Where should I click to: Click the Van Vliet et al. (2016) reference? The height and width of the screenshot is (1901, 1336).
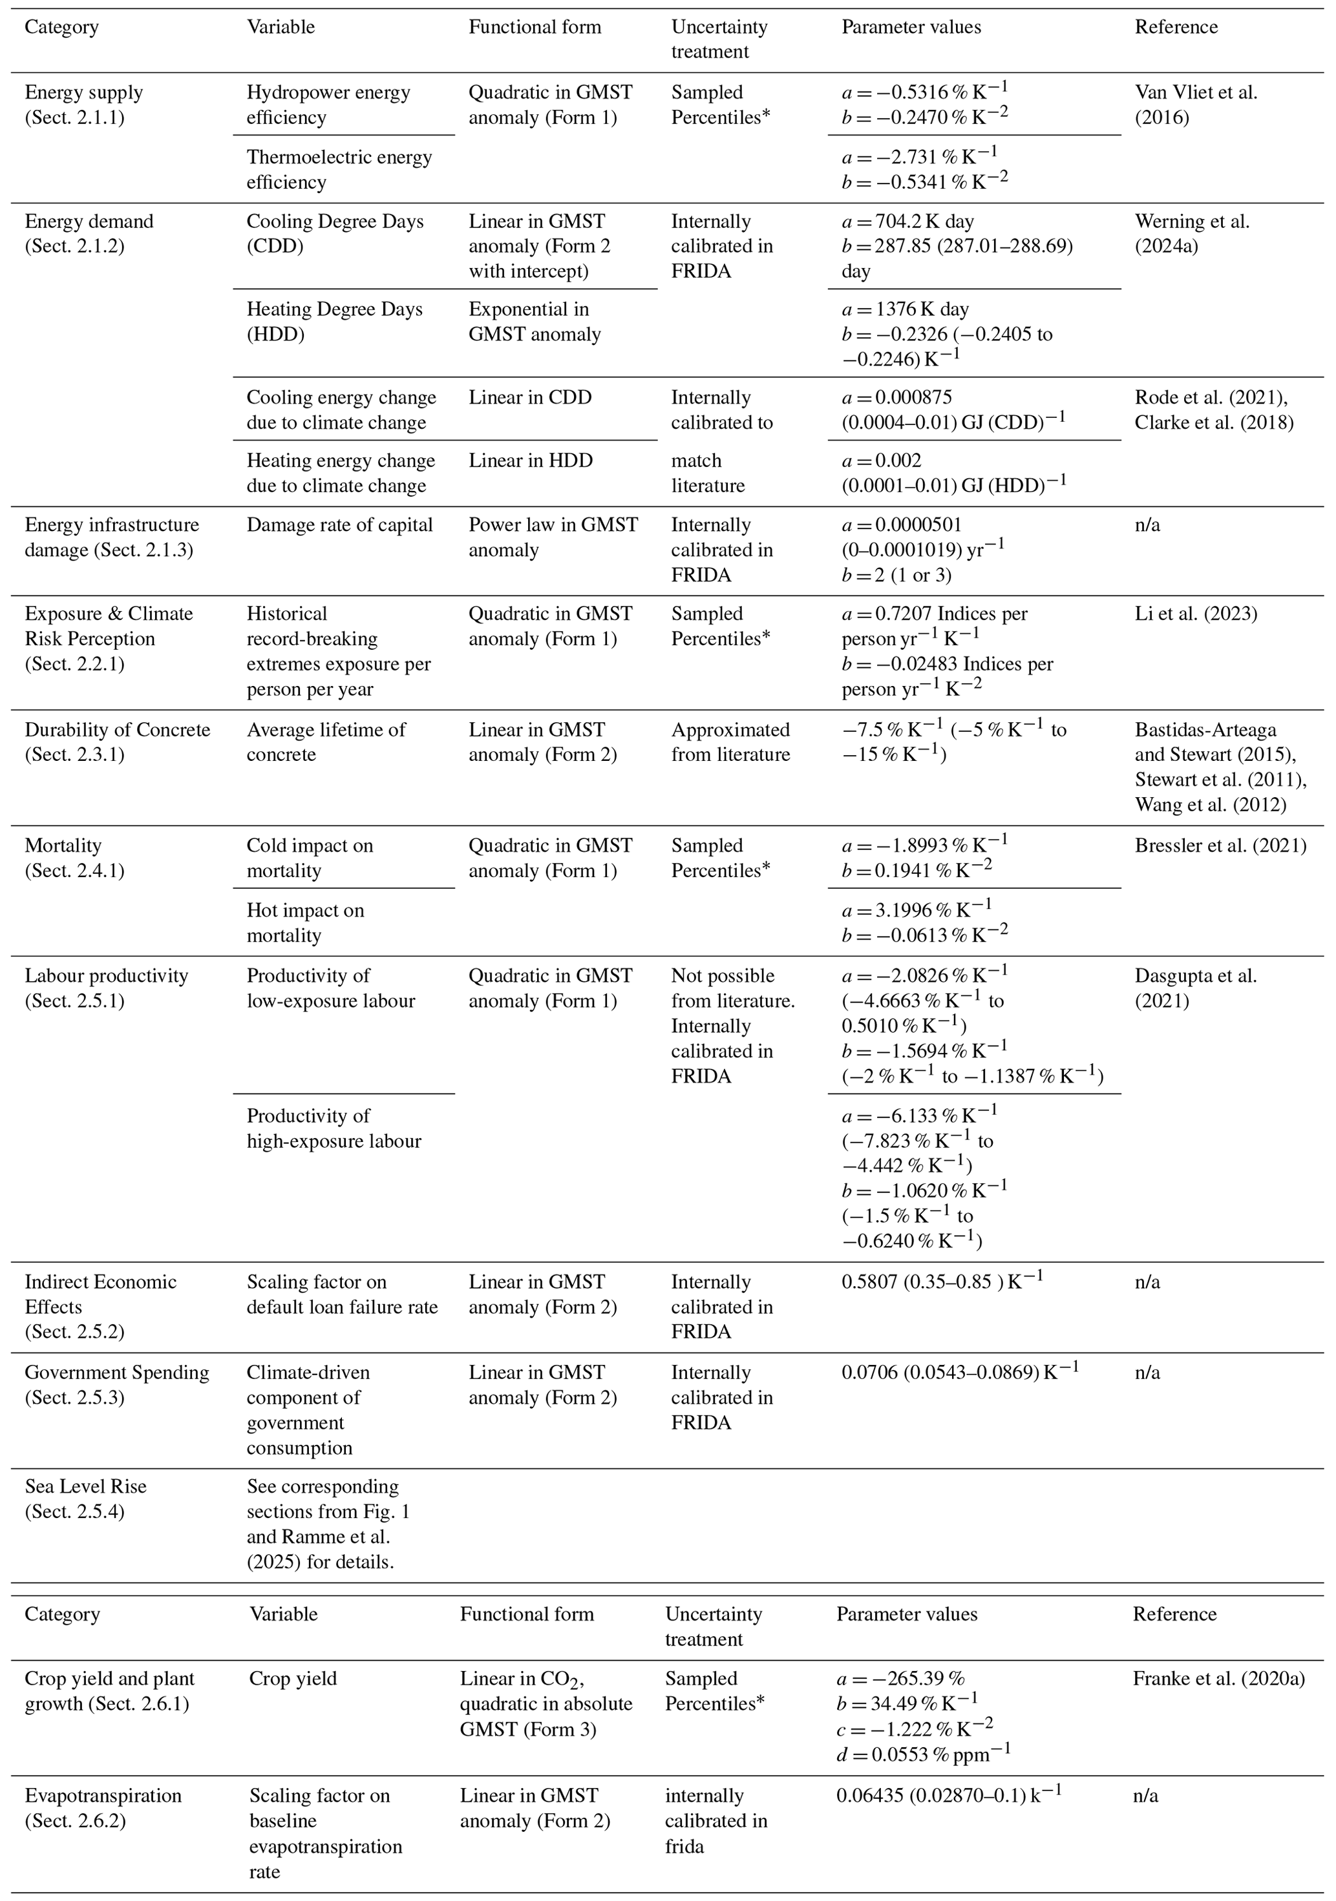(x=1195, y=105)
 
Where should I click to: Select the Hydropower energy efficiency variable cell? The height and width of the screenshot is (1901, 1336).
(x=328, y=105)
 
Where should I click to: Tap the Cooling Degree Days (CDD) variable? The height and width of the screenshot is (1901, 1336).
(x=335, y=233)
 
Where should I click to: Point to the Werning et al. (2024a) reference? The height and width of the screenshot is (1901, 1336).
(x=1192, y=233)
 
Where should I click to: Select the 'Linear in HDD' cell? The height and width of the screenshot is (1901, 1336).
(x=530, y=461)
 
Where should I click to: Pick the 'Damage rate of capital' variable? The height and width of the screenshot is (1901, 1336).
(x=339, y=525)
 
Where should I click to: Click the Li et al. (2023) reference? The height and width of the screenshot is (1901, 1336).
(x=1195, y=614)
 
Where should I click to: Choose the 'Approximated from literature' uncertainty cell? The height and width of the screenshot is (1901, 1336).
(x=730, y=742)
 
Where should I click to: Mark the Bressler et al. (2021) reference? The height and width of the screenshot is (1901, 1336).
(x=1220, y=846)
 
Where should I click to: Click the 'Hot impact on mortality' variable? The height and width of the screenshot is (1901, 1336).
(x=305, y=922)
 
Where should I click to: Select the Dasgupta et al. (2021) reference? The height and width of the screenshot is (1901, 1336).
(x=1195, y=988)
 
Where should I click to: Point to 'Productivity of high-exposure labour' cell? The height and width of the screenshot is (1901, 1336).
(x=333, y=1128)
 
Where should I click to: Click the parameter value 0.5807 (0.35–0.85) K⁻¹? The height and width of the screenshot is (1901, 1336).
(x=942, y=1279)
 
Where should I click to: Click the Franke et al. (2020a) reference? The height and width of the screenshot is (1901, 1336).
(x=1218, y=1678)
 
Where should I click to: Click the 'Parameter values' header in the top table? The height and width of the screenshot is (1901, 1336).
(x=911, y=27)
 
